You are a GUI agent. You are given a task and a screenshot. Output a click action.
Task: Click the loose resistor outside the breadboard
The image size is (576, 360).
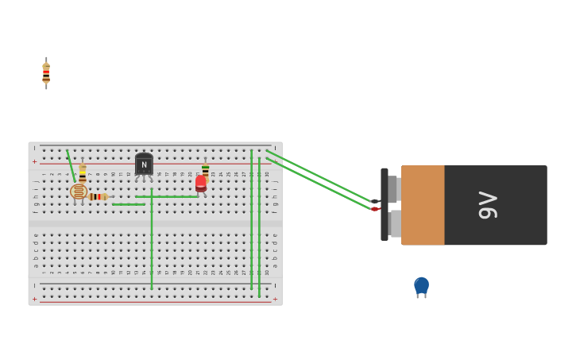point(46,73)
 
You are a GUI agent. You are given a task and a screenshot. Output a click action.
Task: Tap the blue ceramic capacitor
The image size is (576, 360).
point(421,285)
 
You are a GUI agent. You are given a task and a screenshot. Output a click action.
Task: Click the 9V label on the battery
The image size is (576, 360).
point(487,205)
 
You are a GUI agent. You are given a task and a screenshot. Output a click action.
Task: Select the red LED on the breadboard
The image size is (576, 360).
point(201,184)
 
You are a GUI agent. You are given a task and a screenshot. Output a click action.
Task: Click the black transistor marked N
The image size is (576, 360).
point(144,164)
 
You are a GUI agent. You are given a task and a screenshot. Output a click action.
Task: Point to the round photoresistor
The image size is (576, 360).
point(78,192)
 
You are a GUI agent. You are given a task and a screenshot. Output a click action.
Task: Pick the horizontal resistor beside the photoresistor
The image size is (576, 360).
point(98,196)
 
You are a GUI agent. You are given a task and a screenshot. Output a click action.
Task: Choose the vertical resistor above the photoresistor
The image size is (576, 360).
point(83,173)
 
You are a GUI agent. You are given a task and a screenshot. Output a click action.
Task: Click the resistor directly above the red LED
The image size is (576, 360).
point(205,169)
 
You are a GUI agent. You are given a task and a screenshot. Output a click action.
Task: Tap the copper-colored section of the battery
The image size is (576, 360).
point(423,205)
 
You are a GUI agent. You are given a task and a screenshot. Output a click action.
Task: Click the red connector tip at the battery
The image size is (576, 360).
point(375,209)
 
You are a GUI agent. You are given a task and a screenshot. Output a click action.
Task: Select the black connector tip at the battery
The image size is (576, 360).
point(375,201)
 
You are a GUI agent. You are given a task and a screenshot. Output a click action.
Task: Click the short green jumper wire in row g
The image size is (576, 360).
point(129,204)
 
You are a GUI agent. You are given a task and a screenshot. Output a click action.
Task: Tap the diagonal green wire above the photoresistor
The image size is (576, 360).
point(71,165)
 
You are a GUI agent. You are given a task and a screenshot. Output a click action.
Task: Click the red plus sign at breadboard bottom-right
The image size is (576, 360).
point(275,300)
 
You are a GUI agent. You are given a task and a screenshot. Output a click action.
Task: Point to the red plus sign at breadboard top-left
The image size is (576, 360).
point(35,161)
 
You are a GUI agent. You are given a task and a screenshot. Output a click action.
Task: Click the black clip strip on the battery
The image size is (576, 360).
point(385,204)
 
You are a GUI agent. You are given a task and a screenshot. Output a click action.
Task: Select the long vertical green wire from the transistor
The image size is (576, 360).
point(152,238)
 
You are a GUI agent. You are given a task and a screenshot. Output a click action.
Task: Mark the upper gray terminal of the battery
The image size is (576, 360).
point(394,189)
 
